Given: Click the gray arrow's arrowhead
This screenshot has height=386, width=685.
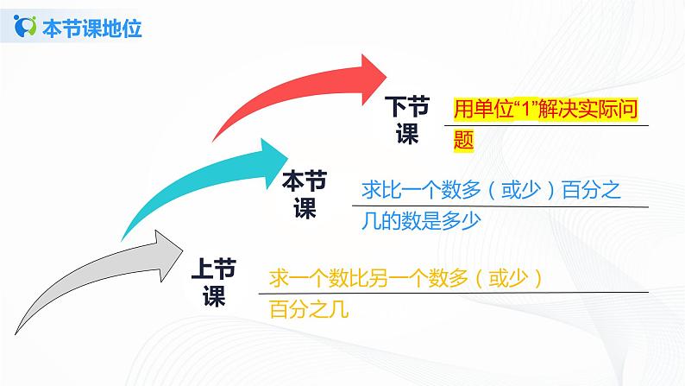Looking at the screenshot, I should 165,245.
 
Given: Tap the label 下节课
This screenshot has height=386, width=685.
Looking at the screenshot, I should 406,121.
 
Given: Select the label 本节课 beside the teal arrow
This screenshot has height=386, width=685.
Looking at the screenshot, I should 305,194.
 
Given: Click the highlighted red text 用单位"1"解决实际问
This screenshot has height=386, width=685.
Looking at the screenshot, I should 550,111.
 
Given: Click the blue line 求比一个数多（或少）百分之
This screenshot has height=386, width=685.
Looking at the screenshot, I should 488,189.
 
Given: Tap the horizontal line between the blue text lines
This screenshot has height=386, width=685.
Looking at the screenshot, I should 500,206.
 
